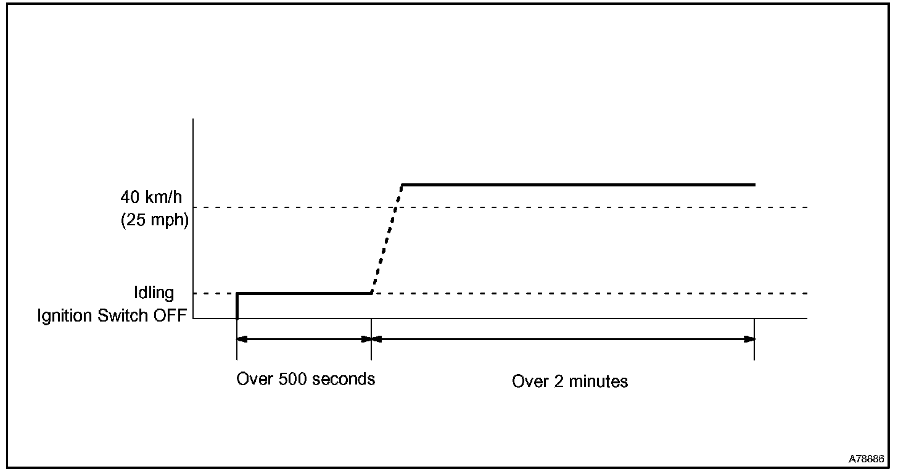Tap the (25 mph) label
tap(153, 219)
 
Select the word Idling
tap(154, 291)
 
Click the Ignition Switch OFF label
tap(111, 315)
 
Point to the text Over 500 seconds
tap(305, 378)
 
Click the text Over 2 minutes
tap(570, 381)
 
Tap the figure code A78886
tap(866, 459)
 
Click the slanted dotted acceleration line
tap(387, 238)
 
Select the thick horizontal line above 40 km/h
tap(578, 185)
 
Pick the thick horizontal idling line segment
tap(303, 293)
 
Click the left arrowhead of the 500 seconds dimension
tap(242, 339)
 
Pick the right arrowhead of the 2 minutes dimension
tap(749, 339)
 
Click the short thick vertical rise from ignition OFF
tap(237, 305)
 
